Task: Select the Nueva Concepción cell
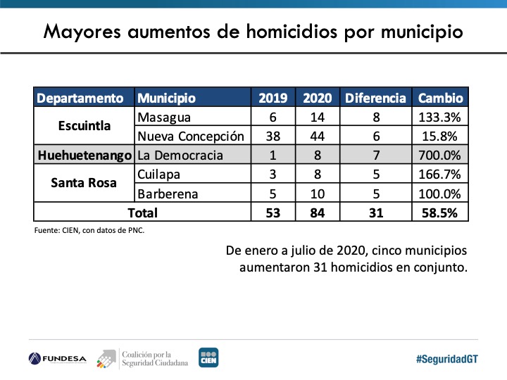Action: point(191,136)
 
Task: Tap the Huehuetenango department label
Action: point(84,155)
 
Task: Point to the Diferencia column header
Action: point(375,98)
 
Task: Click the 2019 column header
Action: point(273,98)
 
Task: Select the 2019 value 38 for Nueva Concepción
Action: point(273,136)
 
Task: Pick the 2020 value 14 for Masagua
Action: point(317,117)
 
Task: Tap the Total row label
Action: point(142,212)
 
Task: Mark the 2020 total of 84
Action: point(317,212)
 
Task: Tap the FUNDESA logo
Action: point(58,358)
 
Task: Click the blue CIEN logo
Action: point(208,357)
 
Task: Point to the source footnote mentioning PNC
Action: point(89,230)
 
